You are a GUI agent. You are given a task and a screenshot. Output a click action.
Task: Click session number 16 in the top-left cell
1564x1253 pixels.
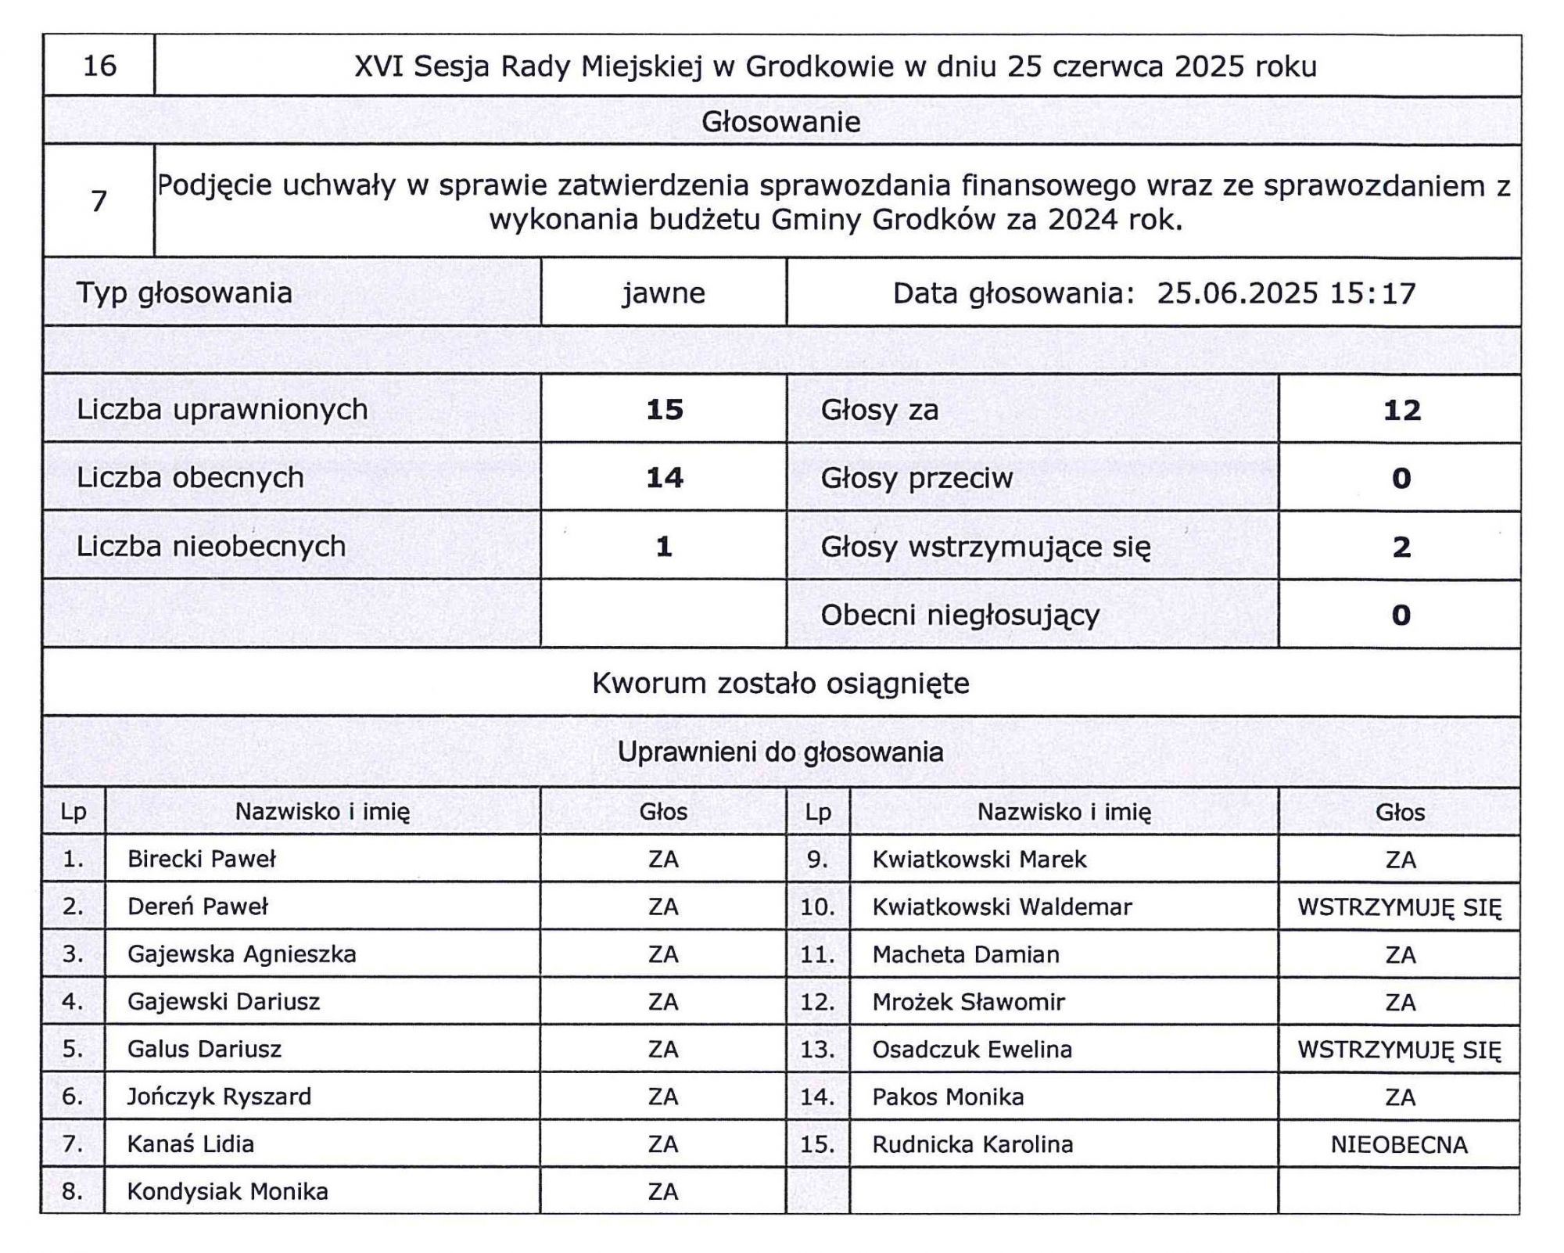click(99, 66)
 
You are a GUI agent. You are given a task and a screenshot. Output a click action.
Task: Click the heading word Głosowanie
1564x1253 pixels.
click(780, 122)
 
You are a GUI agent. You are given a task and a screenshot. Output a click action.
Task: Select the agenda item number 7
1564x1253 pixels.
click(99, 202)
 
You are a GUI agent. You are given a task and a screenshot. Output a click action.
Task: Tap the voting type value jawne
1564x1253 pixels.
click(663, 293)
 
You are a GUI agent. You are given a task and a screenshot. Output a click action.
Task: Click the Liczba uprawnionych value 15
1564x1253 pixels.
click(664, 410)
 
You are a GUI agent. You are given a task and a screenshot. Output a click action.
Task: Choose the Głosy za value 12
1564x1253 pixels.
click(1401, 410)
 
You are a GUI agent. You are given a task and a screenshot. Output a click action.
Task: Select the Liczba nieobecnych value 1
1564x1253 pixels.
click(664, 546)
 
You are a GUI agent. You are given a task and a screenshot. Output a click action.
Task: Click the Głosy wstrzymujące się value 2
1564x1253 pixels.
click(1401, 546)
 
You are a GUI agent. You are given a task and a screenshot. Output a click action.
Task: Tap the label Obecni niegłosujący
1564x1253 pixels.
click(960, 615)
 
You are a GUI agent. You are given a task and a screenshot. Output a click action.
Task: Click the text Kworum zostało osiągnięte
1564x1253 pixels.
click(780, 684)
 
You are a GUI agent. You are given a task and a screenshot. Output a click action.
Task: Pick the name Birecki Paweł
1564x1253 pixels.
click(202, 860)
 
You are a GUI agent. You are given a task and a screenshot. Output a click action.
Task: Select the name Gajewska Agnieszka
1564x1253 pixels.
click(242, 954)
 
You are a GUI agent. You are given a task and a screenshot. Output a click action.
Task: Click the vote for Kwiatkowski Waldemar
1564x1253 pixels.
click(1399, 907)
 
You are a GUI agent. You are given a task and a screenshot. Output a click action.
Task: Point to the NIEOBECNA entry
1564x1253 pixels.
click(1399, 1145)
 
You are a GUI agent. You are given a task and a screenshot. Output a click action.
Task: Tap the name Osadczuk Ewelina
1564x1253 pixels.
click(972, 1050)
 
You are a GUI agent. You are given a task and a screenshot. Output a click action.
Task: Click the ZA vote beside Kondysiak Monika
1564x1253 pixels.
click(663, 1192)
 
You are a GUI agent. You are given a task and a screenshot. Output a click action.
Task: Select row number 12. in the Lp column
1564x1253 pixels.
click(817, 1002)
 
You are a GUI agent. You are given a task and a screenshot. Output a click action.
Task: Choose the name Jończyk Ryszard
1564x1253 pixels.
click(219, 1097)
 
